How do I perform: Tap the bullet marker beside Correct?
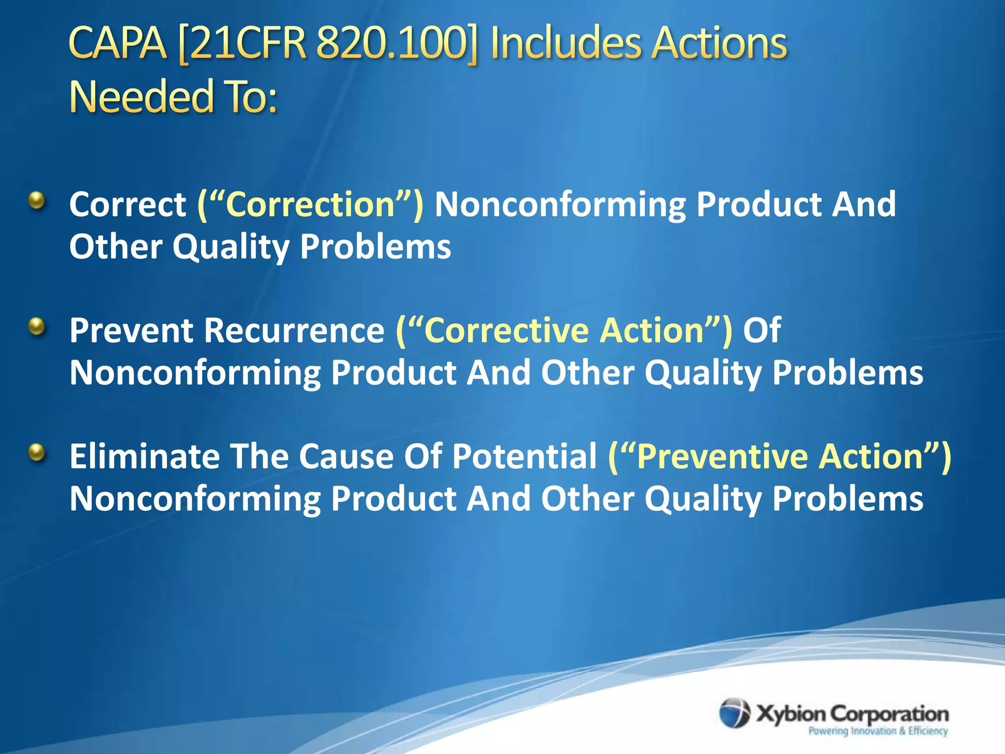click(37, 201)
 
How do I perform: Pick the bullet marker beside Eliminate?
click(37, 452)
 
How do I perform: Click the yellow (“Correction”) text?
click(310, 204)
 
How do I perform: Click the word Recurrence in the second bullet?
click(294, 330)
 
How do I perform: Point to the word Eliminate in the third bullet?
click(145, 456)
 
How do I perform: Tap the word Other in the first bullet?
click(116, 246)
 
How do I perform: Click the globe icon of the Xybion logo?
click(735, 713)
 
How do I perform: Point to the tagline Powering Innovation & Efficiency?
click(878, 731)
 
